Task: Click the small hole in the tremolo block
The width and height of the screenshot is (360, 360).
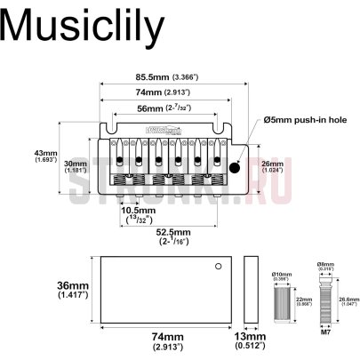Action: click(x=216, y=267)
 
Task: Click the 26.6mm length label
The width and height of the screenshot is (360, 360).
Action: click(x=347, y=302)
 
